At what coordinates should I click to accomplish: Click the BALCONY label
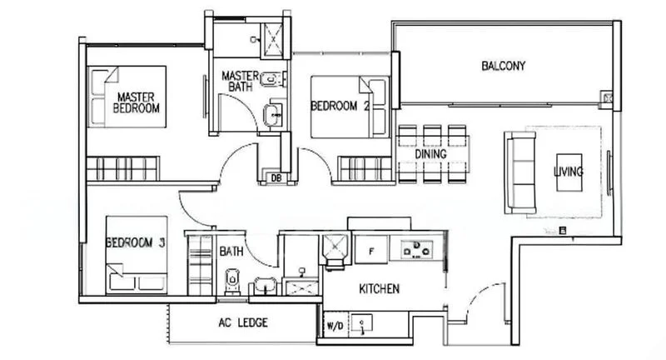point(504,66)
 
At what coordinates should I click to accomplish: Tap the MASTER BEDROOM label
point(136,102)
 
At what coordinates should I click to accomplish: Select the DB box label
point(276,178)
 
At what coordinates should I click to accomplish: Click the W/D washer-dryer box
point(335,325)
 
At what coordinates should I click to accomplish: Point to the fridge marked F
point(371,250)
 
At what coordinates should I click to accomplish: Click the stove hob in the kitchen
point(417,249)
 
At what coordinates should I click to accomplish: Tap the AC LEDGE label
point(243,322)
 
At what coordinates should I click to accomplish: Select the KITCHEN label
point(379,289)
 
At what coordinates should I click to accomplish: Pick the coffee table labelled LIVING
point(569,172)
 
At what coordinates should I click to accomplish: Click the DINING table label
point(430,154)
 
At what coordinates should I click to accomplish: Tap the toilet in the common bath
point(232,281)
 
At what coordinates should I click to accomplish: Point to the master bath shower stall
point(273,40)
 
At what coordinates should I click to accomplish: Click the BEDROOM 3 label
point(135,242)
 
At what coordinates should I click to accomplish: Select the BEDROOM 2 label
point(340,105)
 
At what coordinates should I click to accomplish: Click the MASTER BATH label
point(240,81)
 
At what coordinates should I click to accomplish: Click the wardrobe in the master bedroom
point(122,168)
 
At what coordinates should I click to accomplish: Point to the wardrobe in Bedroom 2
point(365,168)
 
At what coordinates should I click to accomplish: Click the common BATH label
point(231,252)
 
